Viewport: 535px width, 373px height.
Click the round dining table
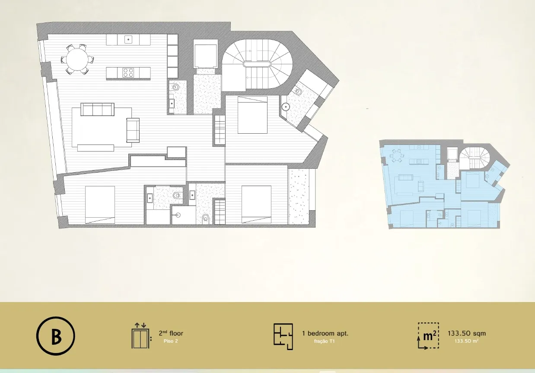point(77,60)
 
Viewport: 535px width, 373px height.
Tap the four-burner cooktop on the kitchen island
point(128,73)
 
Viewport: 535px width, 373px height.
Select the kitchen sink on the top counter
point(128,39)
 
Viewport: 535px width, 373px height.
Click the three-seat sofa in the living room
point(97,109)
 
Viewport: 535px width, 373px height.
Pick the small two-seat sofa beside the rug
point(133,130)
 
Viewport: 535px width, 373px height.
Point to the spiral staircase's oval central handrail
point(257,64)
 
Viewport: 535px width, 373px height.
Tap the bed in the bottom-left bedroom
point(100,205)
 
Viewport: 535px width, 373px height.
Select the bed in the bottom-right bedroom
point(256,204)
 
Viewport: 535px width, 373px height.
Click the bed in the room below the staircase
point(252,115)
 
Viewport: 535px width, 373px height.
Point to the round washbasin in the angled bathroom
point(285,106)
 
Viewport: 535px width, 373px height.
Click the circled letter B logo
point(55,336)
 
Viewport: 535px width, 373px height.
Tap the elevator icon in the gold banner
point(142,336)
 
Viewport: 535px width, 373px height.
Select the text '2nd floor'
point(171,333)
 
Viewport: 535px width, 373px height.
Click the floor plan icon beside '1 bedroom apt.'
point(283,337)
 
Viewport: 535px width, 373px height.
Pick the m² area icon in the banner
point(429,336)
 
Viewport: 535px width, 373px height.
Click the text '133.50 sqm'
point(467,333)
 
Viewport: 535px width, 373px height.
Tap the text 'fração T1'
point(324,341)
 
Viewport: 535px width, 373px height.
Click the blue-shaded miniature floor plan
point(444,184)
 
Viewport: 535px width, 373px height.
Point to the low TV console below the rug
point(96,148)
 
